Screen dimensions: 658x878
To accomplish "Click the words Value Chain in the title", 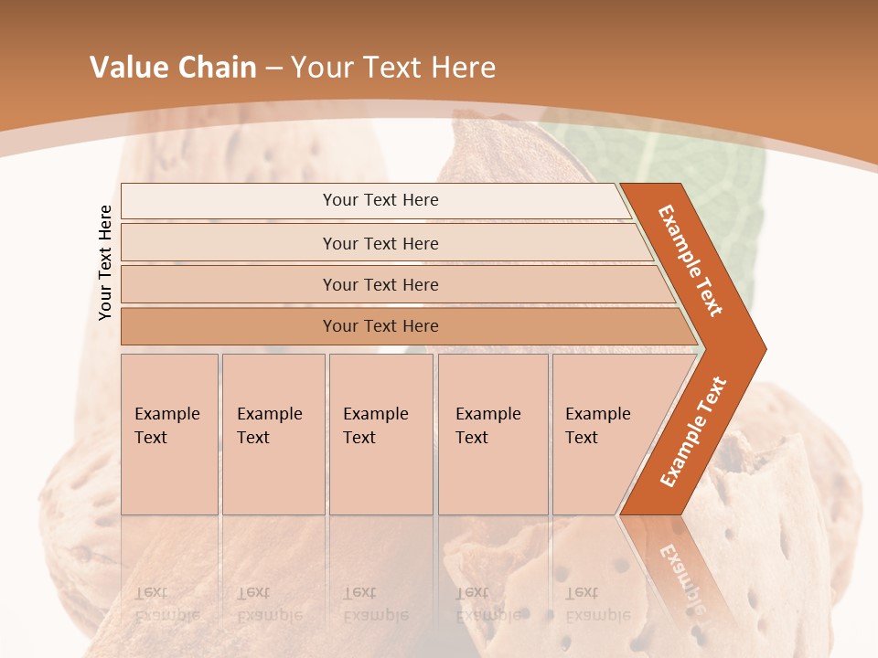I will [x=173, y=68].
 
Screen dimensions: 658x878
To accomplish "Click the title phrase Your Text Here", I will [x=393, y=68].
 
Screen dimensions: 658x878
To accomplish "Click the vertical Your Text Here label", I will [x=105, y=262].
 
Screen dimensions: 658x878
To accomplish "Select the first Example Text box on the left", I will [x=169, y=434].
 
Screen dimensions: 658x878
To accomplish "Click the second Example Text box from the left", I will [x=273, y=434].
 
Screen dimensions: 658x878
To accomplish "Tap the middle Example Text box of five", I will [x=380, y=434].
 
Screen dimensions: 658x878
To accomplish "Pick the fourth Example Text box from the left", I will [x=492, y=434].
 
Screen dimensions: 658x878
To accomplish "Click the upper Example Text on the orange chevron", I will [x=691, y=260].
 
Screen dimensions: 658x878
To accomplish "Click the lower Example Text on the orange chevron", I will [x=692, y=432].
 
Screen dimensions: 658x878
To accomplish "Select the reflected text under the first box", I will [x=166, y=604].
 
